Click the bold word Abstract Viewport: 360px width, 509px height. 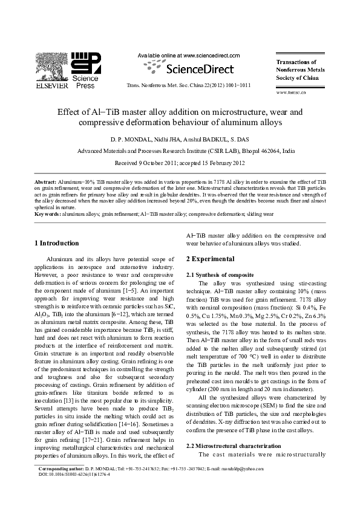point(45,181)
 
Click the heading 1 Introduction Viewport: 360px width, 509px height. point(56,244)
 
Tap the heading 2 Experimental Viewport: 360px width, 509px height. point(210,259)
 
